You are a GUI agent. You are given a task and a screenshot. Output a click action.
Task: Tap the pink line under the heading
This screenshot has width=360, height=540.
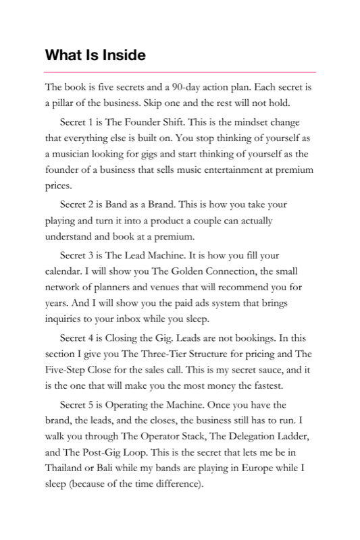(x=180, y=72)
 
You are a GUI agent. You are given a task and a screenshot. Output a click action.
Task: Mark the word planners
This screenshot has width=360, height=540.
(x=107, y=290)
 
